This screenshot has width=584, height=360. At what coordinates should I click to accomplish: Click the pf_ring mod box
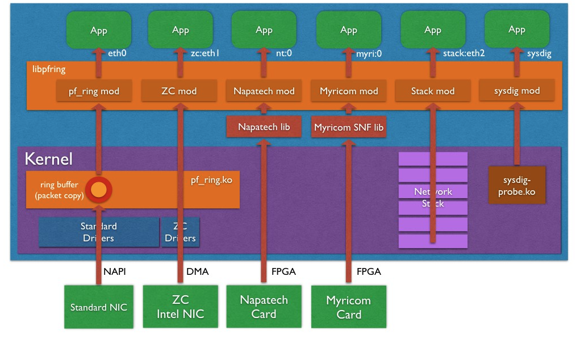point(94,91)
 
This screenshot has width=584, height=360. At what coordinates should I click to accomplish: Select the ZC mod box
point(180,91)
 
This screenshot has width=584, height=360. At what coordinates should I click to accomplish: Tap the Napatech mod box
point(264,91)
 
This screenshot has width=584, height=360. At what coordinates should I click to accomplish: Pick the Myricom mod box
point(349,91)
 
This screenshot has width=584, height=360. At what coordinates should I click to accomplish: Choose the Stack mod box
point(433,91)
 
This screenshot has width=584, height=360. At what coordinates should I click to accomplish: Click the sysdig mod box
point(517,91)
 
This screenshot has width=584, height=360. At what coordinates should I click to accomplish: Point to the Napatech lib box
point(264,127)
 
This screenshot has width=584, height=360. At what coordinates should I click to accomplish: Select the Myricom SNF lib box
point(349,127)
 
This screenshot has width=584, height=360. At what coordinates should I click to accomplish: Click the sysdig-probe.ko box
point(517,185)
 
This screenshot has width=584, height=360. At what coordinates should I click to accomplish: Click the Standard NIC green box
point(99,307)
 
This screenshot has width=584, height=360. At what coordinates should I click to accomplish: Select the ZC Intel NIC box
point(180,307)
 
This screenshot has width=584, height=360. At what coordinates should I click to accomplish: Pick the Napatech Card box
point(264,307)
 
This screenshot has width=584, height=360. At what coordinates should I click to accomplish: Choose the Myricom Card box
point(349,307)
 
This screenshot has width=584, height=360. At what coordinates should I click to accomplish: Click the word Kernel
point(49,159)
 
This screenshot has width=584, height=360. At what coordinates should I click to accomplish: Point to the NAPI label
point(114,271)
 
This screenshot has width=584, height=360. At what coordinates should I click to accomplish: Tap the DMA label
point(197,271)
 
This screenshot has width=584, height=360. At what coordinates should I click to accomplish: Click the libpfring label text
point(49,69)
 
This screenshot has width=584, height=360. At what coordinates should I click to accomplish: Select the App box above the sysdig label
point(517,30)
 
